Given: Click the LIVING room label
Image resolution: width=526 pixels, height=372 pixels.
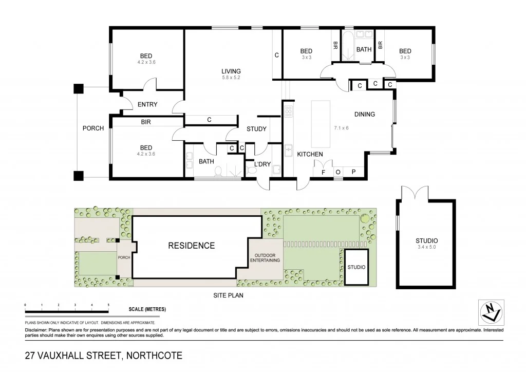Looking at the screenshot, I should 231,71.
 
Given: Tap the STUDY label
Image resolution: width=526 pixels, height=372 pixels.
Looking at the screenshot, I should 256,129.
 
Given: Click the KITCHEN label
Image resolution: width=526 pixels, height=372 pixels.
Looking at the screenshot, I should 310,154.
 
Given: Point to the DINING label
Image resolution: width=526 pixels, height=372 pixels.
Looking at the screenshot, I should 364,114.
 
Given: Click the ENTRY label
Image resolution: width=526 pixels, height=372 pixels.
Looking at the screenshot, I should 147,105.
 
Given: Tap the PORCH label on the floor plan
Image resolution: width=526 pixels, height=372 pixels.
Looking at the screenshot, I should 93,128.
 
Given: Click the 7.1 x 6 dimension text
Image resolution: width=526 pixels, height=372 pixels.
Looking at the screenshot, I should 341,128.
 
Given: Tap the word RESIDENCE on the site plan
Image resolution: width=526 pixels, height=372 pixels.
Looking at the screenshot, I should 192,246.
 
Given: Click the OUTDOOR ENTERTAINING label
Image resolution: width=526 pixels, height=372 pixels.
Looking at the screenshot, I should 265,258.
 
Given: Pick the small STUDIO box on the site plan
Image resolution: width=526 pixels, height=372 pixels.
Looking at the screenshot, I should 356,267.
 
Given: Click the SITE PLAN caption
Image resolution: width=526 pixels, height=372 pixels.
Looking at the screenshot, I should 228,295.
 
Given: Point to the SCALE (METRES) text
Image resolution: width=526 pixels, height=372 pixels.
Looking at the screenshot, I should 147,310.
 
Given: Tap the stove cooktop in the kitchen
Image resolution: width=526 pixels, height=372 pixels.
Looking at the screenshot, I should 289,111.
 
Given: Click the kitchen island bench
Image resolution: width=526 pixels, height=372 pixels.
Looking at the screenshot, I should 321,124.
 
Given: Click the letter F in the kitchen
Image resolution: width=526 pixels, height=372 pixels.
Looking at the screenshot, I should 323,172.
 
